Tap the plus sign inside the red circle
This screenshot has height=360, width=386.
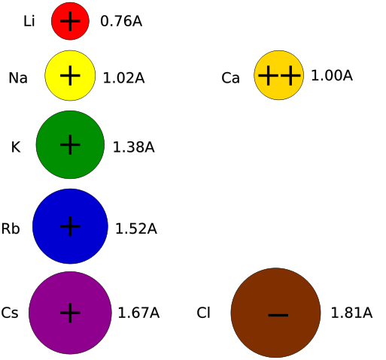(70, 21)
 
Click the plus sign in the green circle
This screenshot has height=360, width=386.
(70, 144)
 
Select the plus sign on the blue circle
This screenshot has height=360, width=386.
(70, 225)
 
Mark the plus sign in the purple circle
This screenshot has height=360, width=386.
(70, 313)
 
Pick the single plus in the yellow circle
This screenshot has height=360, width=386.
(70, 75)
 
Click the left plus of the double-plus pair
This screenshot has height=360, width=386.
(268, 75)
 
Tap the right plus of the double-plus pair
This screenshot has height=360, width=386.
(290, 75)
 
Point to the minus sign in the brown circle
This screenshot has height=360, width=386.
(278, 315)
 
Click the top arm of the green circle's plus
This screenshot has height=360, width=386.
(70, 138)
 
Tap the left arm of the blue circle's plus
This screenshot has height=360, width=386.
(63, 225)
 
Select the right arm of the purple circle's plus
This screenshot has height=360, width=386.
(77, 313)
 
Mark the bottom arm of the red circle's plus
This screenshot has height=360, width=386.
(70, 28)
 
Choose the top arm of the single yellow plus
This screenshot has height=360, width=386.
(70, 68)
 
